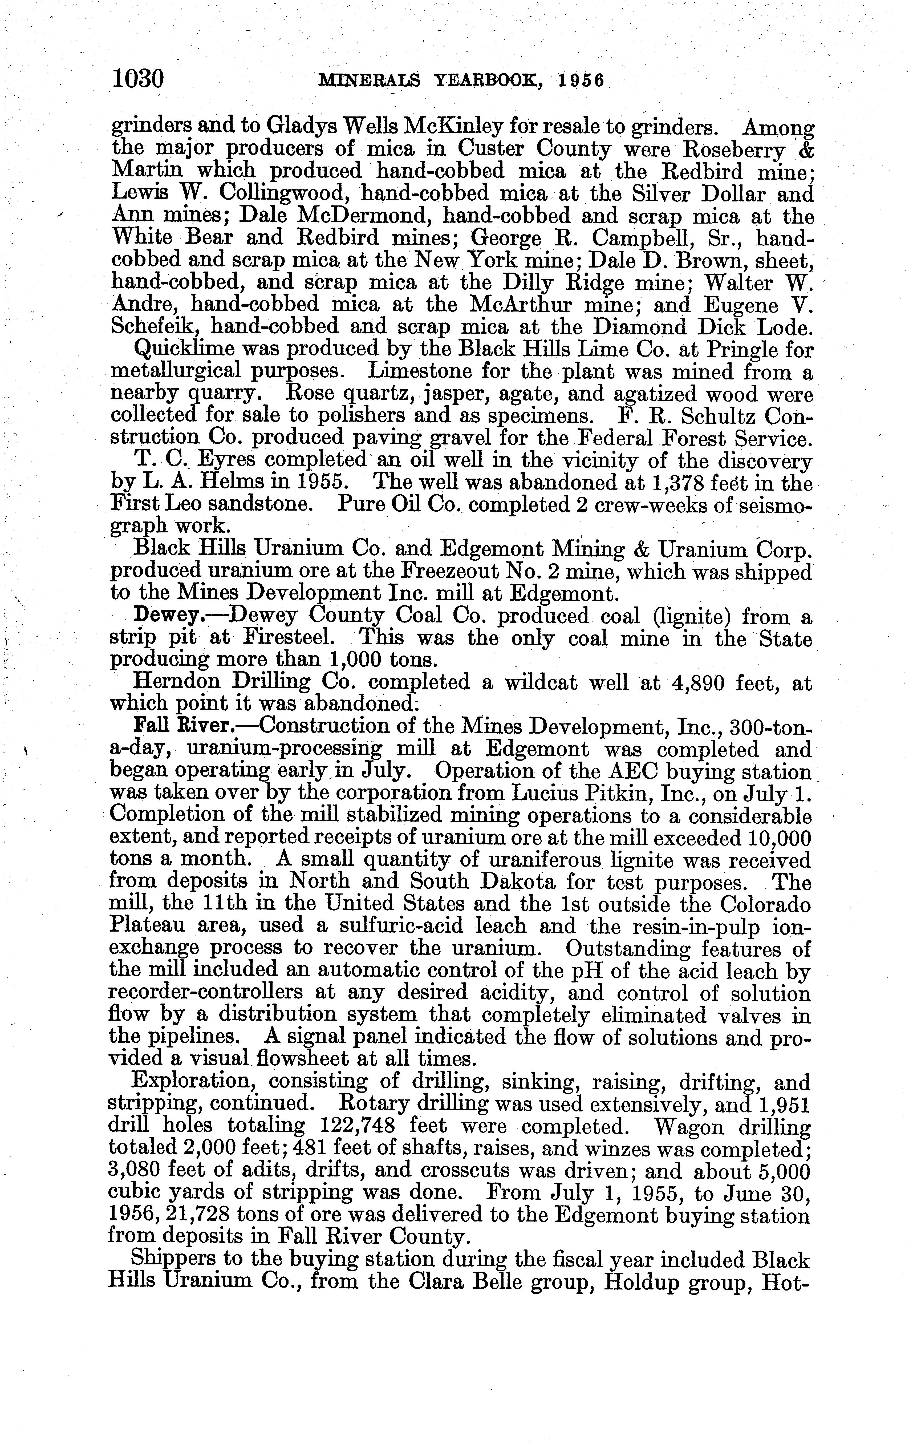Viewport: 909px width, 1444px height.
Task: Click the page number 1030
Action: coord(137,79)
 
